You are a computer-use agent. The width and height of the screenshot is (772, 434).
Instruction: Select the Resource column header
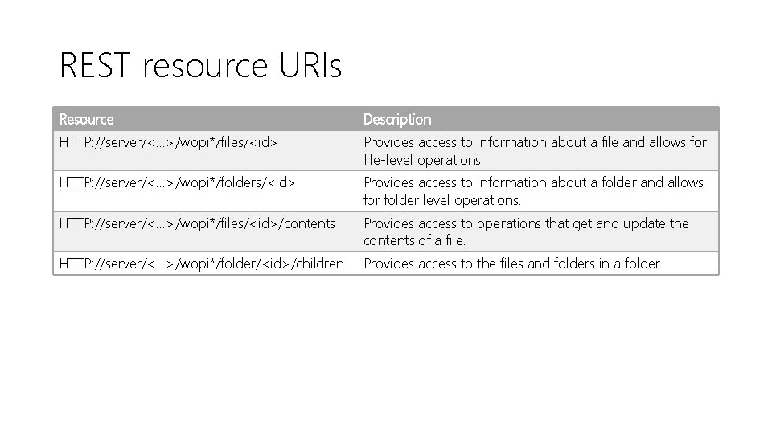(x=87, y=119)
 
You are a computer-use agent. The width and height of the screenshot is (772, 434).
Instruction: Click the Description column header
(x=397, y=119)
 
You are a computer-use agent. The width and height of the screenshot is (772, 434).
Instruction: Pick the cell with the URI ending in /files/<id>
(x=169, y=142)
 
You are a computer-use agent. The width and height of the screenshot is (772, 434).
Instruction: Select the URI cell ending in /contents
(x=197, y=223)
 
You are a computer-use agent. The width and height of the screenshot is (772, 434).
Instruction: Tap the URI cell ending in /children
(x=202, y=263)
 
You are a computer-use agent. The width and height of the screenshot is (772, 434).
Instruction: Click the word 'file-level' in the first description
(x=388, y=159)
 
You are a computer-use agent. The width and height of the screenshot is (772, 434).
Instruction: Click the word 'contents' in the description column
(x=389, y=240)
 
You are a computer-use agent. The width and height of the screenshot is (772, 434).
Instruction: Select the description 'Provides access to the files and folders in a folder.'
(x=513, y=263)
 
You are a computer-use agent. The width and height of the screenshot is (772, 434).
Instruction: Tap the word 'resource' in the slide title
(x=204, y=65)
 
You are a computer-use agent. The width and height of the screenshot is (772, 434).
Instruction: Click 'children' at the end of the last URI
(x=319, y=263)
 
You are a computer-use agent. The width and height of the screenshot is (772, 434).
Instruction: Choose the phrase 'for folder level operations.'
(x=442, y=199)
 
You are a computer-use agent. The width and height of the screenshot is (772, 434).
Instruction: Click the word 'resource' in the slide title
(x=204, y=65)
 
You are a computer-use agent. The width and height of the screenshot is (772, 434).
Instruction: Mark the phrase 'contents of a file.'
(x=414, y=240)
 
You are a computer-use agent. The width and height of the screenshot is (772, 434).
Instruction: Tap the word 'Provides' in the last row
(x=389, y=263)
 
